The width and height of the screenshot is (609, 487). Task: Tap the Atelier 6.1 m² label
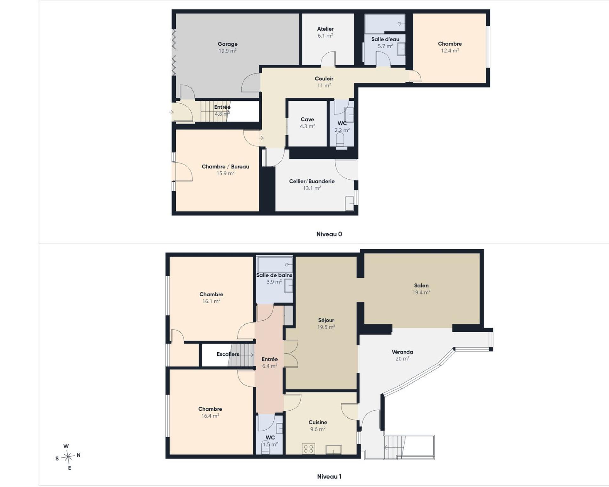point(325,32)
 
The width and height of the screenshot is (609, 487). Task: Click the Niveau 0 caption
point(329,234)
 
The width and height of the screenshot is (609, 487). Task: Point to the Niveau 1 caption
point(329,476)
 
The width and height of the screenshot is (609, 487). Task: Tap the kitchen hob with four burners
point(308,448)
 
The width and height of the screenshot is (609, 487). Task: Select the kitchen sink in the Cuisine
point(333,449)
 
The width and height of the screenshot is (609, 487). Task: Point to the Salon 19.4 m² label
point(421,289)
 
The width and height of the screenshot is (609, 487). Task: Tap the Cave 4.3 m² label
point(307,123)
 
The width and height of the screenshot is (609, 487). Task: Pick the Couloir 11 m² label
point(324,82)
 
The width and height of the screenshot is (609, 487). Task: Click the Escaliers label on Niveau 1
point(228,354)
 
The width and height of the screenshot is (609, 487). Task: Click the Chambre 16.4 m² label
point(210,412)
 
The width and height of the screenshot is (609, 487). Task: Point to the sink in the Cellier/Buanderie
point(350,204)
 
